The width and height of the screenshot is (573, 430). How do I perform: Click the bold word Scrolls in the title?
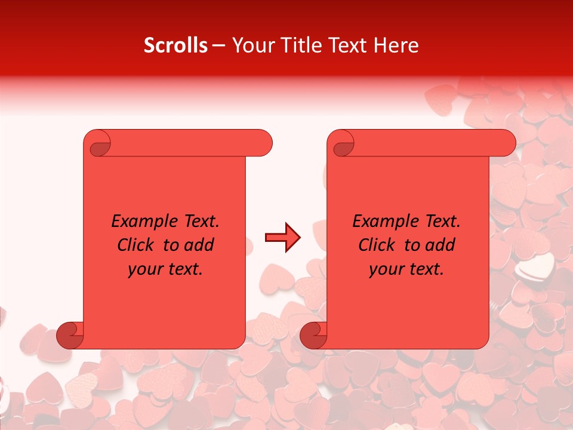pos(176,45)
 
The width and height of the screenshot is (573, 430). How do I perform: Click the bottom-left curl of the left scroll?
pos(70,336)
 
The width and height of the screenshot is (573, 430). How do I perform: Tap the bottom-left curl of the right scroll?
pos(314,336)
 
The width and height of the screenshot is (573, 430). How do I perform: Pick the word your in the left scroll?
pos(144,269)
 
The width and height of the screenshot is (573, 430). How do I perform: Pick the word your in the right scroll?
pos(386,269)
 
